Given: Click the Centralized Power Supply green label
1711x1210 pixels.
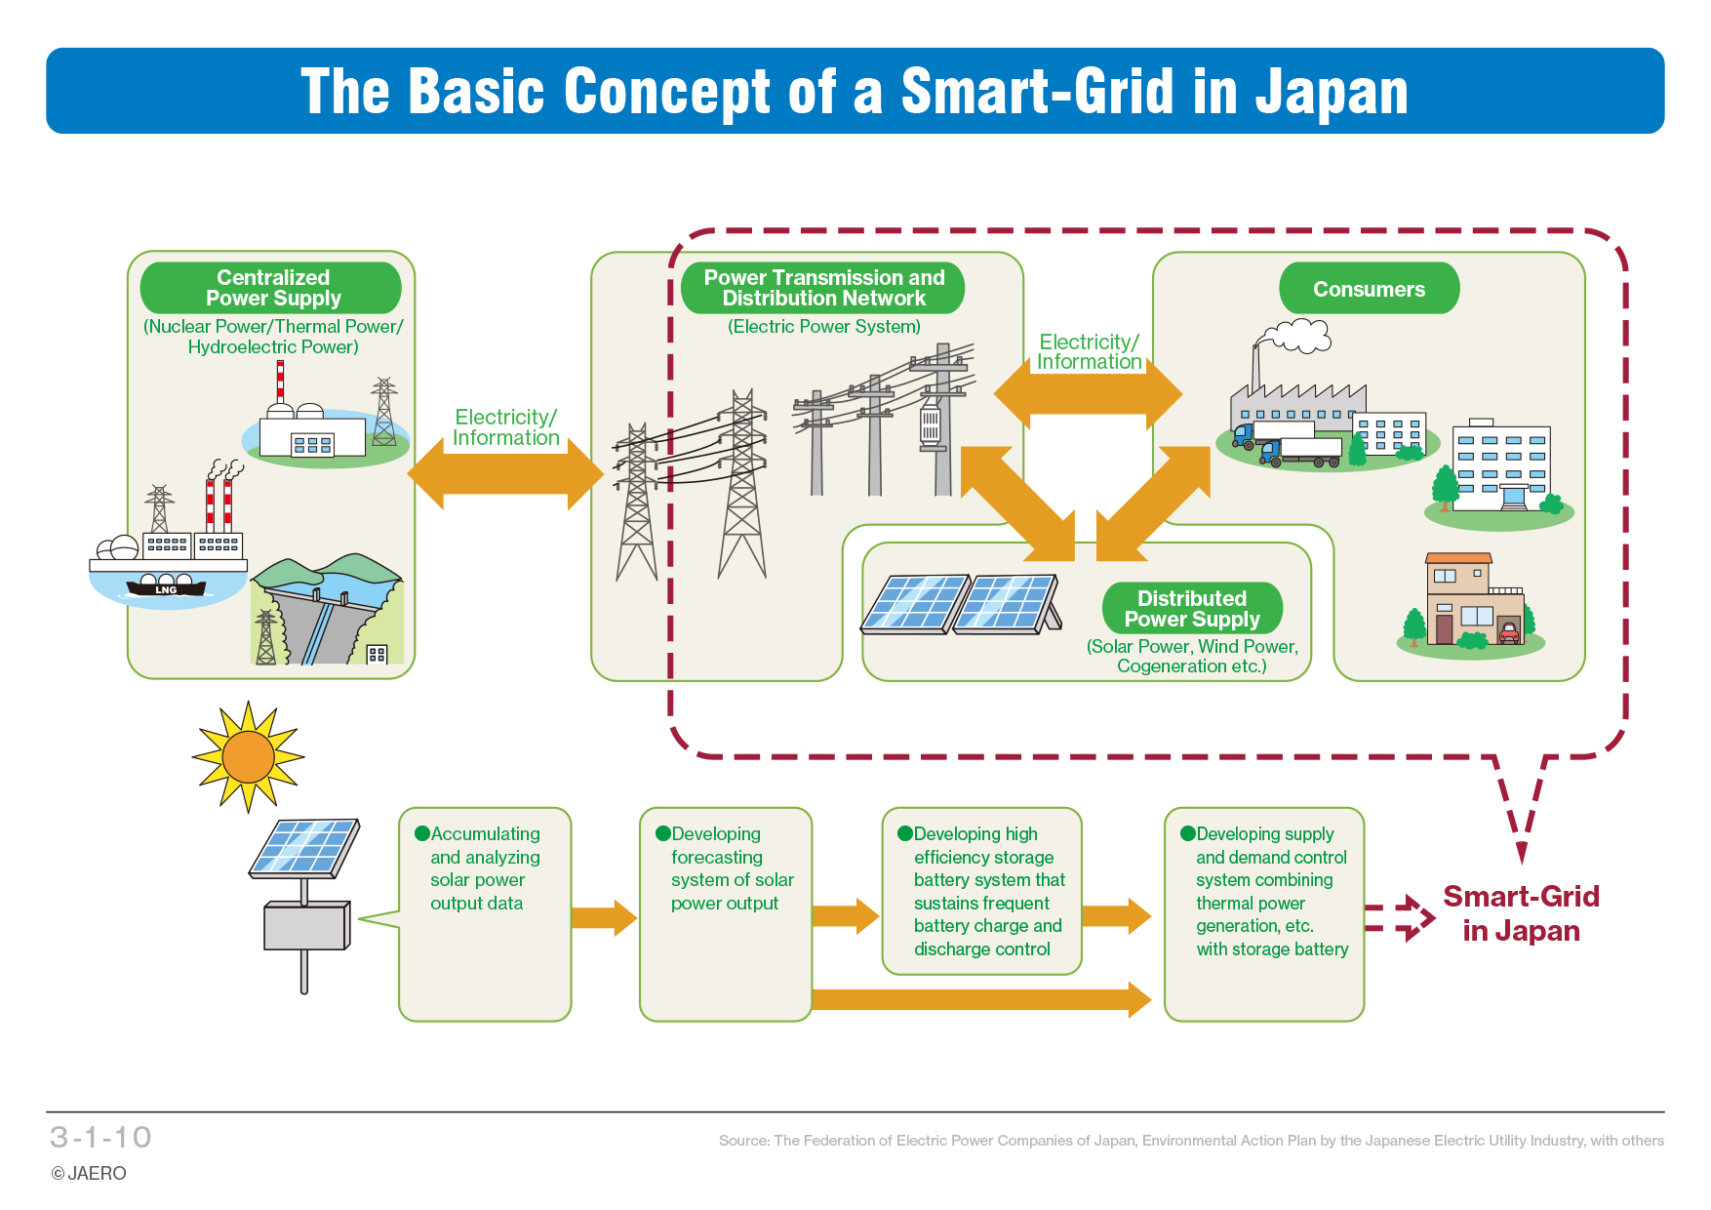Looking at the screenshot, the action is (x=271, y=288).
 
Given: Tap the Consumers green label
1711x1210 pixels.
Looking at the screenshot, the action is (x=1369, y=289).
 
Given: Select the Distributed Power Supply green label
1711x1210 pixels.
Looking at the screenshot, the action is (x=1192, y=609).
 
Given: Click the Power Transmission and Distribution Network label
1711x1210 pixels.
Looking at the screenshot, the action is (x=823, y=288).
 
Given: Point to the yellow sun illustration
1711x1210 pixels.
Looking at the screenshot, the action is (x=248, y=756).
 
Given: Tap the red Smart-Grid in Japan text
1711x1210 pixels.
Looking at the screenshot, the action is (x=1521, y=913).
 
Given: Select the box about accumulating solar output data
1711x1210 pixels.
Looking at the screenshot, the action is (x=485, y=914).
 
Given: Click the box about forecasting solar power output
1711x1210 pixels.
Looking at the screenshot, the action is (x=726, y=914).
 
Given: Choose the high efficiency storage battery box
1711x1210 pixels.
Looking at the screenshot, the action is (x=982, y=891).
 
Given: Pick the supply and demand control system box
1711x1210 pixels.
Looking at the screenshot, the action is (x=1264, y=914).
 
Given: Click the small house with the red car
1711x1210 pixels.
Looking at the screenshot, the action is (x=1472, y=604).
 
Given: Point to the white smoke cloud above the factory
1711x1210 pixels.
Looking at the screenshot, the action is (x=1295, y=337).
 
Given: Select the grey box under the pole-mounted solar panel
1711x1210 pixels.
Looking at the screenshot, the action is (x=306, y=926).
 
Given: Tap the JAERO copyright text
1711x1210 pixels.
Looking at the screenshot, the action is (x=89, y=1173).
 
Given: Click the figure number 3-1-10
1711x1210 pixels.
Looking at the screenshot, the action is (x=100, y=1138).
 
